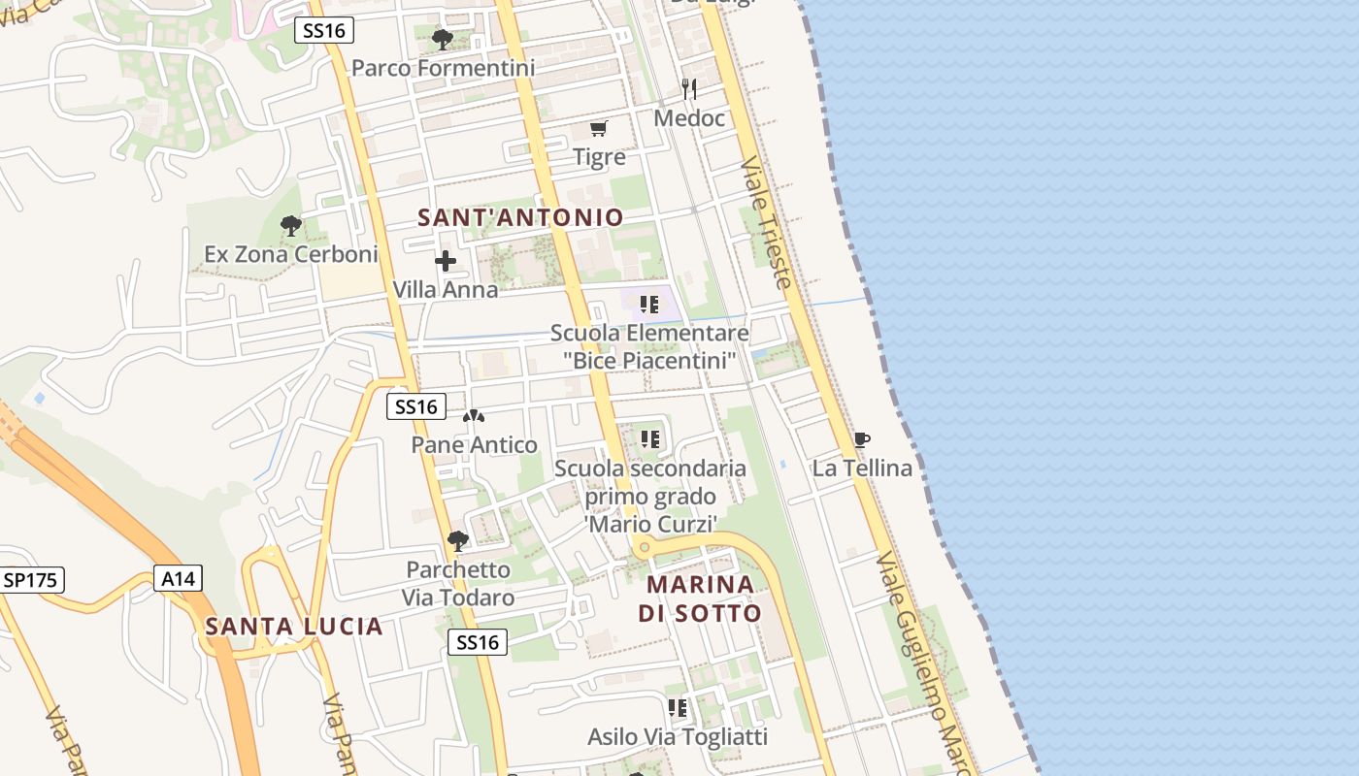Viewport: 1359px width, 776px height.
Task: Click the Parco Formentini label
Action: click(x=443, y=68)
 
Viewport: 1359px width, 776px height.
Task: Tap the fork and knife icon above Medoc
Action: click(x=689, y=89)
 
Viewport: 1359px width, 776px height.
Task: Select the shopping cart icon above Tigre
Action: click(x=599, y=128)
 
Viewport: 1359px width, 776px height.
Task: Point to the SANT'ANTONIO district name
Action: click(x=520, y=217)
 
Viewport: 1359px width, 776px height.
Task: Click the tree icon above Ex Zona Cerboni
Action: click(x=290, y=226)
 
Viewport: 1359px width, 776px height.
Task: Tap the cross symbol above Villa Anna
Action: click(x=446, y=261)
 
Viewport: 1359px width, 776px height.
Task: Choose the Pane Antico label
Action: click(x=474, y=445)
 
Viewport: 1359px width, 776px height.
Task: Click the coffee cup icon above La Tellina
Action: click(x=861, y=440)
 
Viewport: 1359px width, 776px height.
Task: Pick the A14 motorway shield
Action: click(x=179, y=579)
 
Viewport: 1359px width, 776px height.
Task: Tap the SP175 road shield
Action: click(x=32, y=580)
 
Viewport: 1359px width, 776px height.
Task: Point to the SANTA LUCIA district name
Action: click(x=294, y=627)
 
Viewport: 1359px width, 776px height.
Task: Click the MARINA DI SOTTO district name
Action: click(x=700, y=598)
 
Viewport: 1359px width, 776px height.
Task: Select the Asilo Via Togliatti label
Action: click(x=678, y=736)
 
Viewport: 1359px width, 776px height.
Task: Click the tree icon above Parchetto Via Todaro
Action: click(x=457, y=540)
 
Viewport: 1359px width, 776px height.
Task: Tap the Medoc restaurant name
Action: click(x=689, y=118)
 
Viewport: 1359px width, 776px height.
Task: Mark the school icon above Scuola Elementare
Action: click(x=649, y=305)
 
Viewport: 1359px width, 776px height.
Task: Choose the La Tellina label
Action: click(x=862, y=469)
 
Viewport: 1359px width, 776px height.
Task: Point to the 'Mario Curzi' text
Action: click(x=650, y=524)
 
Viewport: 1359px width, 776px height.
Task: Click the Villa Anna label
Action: click(x=446, y=289)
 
